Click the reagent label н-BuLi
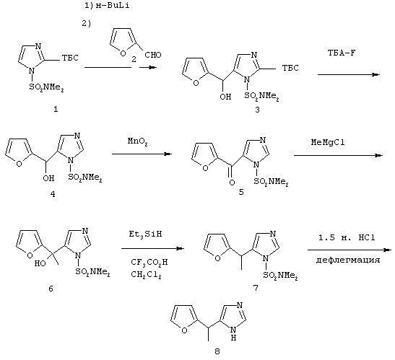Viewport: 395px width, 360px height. click(x=113, y=6)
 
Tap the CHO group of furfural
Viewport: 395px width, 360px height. click(x=153, y=55)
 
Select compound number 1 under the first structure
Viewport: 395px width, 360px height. click(x=56, y=109)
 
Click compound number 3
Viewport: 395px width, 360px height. click(x=257, y=110)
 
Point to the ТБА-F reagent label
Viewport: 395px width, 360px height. click(x=342, y=53)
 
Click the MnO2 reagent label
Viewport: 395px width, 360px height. click(x=137, y=141)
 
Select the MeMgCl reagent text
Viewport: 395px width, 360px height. click(x=328, y=142)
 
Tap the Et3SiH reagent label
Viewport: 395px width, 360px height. click(x=145, y=234)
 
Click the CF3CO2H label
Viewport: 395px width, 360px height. click(x=149, y=263)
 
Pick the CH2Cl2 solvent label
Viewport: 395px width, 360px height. click(x=146, y=275)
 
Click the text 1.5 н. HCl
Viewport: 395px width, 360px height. click(x=347, y=237)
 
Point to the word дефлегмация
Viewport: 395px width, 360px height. click(x=348, y=260)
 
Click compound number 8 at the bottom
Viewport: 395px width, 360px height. click(x=217, y=351)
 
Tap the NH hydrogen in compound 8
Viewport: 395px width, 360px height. click(x=233, y=338)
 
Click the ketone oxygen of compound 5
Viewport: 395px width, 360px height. click(x=233, y=183)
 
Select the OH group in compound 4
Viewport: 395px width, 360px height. click(x=48, y=178)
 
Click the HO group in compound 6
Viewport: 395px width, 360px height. click(x=40, y=263)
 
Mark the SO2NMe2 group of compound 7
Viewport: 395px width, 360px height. click(x=281, y=276)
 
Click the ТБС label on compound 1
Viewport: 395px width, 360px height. click(x=70, y=58)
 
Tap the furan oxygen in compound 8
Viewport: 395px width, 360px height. click(x=184, y=330)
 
